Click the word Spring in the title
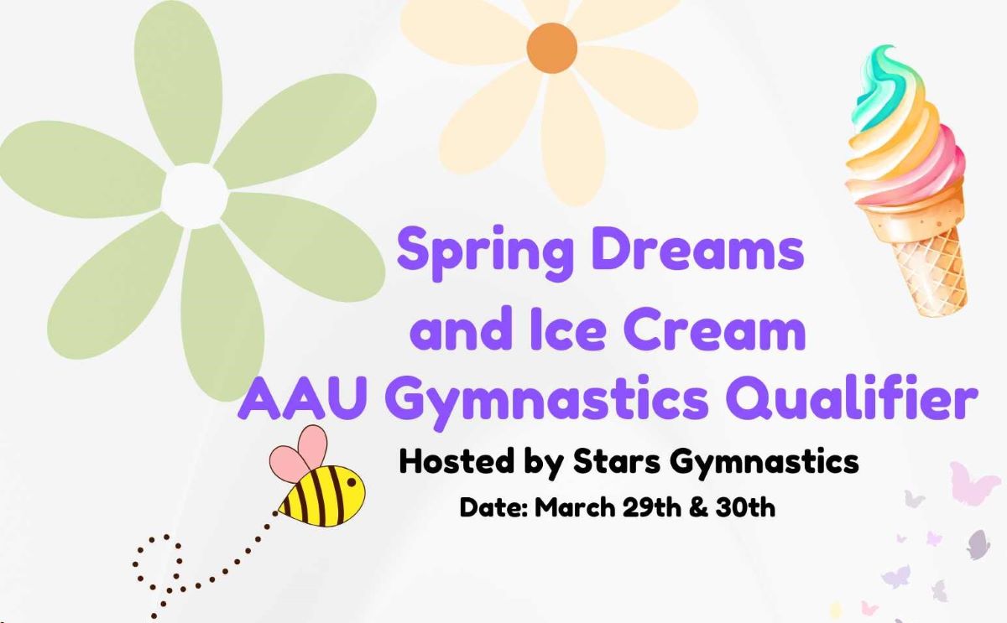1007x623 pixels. click(486, 253)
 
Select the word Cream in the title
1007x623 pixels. click(714, 329)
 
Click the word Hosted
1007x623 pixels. click(457, 461)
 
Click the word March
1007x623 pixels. click(575, 507)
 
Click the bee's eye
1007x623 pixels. click(352, 482)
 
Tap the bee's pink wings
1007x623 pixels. click(299, 453)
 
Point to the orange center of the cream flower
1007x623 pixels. click(552, 48)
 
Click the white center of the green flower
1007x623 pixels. click(194, 196)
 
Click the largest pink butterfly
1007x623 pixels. click(971, 484)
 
